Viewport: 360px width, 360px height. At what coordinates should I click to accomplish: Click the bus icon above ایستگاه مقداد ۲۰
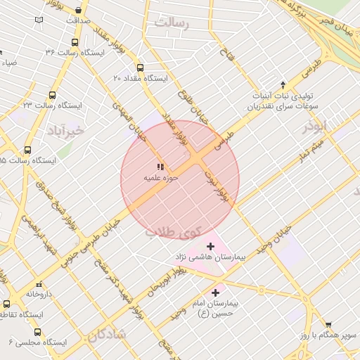pyautogui.click(x=140, y=69)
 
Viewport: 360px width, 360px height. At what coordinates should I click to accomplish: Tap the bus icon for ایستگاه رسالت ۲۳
pyautogui.click(x=52, y=95)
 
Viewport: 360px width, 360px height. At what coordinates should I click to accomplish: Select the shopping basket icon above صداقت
pyautogui.click(x=77, y=11)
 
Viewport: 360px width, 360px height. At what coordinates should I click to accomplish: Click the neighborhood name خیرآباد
pyautogui.click(x=65, y=131)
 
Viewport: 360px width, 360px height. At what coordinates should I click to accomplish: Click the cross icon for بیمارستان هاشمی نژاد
pyautogui.click(x=210, y=246)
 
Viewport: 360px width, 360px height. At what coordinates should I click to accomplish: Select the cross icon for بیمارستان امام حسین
pyautogui.click(x=215, y=292)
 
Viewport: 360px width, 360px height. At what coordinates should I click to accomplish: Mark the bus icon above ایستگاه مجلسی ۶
pyautogui.click(x=37, y=332)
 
